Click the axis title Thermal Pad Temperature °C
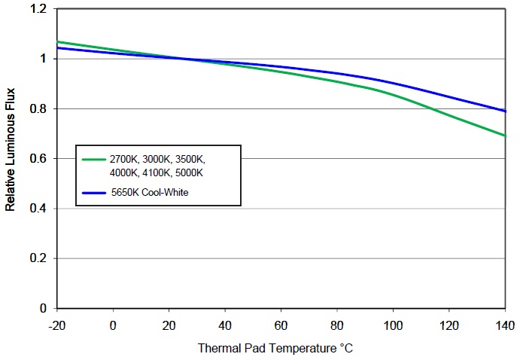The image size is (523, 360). [275, 349]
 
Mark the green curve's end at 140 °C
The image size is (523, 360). [504, 136]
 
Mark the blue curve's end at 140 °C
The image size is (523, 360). [504, 111]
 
